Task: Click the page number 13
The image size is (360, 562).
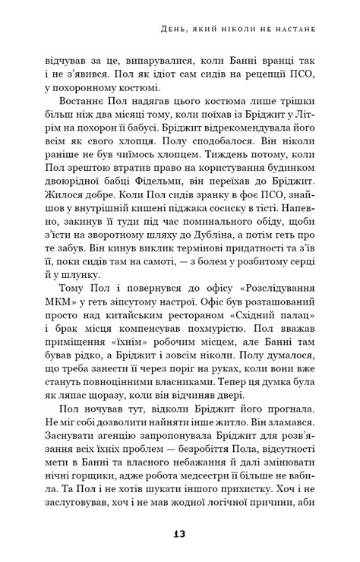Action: tap(179, 534)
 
